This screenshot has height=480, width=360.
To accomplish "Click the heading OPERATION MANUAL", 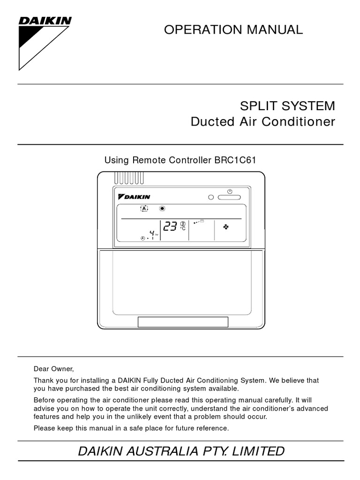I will pos(233,30).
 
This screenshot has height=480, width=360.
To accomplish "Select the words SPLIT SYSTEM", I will pos(288,105).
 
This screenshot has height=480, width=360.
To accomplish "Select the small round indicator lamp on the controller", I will pos(211,197).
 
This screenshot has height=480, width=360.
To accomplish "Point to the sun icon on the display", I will pos(163,209).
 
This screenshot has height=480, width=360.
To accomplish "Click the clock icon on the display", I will pos(143,239).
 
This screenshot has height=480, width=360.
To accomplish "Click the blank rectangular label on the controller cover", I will pos(183,322).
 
